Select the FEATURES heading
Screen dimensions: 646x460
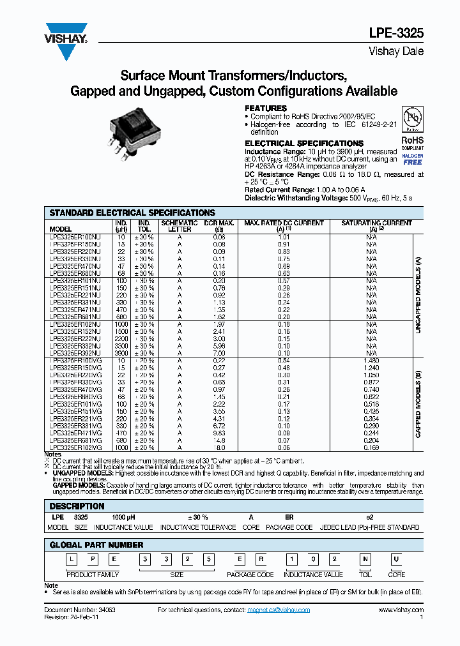[266, 109]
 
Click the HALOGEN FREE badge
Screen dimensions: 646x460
[412, 159]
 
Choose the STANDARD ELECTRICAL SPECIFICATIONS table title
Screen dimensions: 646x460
[132, 213]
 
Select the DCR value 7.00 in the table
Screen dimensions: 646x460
[219, 353]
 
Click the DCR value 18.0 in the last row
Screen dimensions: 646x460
[219, 447]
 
